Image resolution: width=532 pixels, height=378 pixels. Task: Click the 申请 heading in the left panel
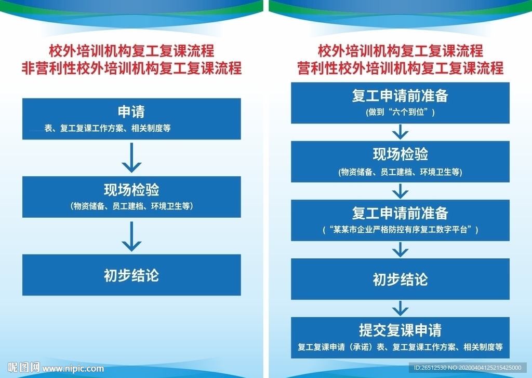click(x=131, y=111)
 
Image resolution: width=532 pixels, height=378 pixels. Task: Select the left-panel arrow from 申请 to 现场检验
click(x=131, y=158)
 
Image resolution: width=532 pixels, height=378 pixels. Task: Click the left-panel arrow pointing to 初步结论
click(x=131, y=236)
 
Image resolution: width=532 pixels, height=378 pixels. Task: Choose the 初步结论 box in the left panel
click(x=131, y=275)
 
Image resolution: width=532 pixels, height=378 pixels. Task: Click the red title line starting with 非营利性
click(x=131, y=68)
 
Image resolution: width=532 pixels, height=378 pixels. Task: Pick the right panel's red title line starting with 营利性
click(x=400, y=68)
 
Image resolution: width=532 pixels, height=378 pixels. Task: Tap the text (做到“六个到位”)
click(x=400, y=111)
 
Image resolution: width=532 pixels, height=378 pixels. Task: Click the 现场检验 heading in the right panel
click(x=400, y=155)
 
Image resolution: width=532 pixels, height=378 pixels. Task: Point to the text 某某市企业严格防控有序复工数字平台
click(x=400, y=229)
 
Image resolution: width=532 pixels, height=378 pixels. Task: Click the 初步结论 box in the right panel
click(x=400, y=279)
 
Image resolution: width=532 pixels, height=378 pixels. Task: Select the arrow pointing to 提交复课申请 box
click(x=400, y=309)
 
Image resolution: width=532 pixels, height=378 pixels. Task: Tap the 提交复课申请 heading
click(x=400, y=330)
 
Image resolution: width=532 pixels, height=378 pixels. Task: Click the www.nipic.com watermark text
click(x=73, y=369)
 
